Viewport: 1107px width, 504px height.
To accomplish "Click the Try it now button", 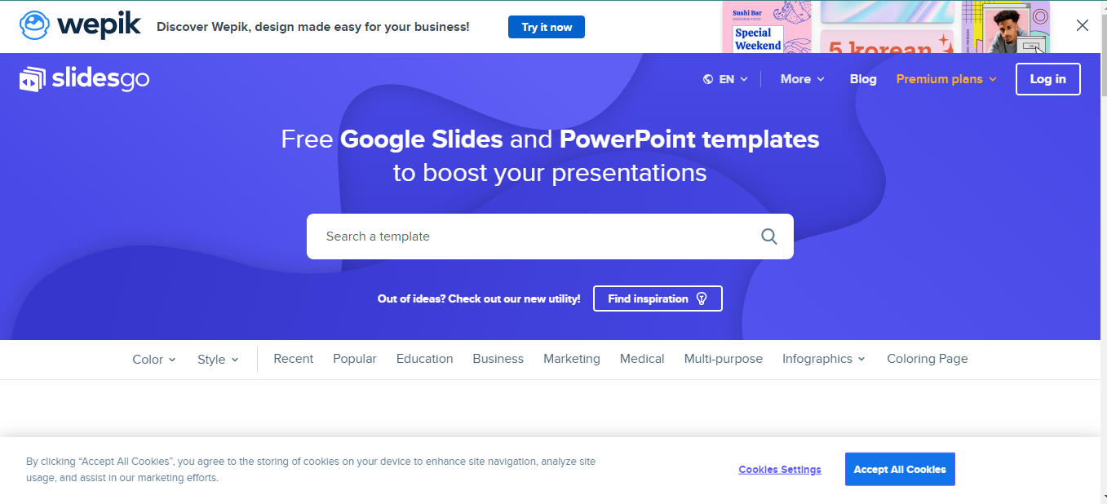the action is point(546,27).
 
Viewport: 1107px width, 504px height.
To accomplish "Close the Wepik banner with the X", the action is point(1083,26).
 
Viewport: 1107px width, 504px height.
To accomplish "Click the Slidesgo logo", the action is point(84,79).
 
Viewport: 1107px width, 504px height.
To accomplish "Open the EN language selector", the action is point(725,79).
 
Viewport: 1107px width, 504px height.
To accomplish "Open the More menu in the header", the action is point(802,79).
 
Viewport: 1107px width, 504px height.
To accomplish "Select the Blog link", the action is point(863,79).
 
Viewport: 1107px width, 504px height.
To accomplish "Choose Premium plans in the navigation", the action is point(946,79).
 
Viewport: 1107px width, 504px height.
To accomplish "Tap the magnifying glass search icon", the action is point(769,237).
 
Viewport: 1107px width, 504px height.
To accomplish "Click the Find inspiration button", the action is point(658,298).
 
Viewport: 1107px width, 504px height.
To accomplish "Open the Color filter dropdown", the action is point(153,359).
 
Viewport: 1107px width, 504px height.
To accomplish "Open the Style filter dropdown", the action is point(218,359).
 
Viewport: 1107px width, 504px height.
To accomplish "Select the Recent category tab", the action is point(293,359).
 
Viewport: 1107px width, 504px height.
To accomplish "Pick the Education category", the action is point(424,359).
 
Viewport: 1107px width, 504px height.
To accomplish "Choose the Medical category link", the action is point(642,359).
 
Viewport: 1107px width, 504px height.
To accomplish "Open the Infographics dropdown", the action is point(823,359).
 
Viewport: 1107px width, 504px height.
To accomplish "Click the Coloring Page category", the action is point(927,359).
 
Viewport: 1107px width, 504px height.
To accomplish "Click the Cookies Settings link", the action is point(780,470).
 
